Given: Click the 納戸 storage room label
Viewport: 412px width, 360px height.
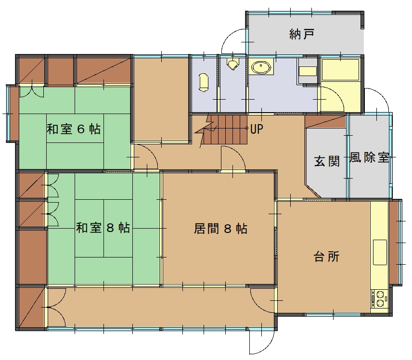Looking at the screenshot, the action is [x=302, y=34].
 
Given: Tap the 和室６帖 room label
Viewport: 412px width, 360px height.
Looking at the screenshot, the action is [x=74, y=129].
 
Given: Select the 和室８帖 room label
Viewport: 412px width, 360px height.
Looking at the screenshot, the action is [x=103, y=228].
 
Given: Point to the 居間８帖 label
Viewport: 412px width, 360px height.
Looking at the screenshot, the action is [x=220, y=229].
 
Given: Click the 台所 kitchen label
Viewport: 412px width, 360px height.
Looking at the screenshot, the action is [x=326, y=257].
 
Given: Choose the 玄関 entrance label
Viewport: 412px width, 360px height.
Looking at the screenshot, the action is [x=327, y=161].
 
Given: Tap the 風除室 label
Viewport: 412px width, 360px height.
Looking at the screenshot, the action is [x=369, y=157].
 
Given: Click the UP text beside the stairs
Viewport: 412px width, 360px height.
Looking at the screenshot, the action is [x=257, y=129].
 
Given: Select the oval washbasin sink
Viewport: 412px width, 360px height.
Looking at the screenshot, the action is [x=261, y=67].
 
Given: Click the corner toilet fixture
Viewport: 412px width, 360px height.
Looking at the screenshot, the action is [x=233, y=64].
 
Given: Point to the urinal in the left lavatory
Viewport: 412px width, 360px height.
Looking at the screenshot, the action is [x=204, y=82].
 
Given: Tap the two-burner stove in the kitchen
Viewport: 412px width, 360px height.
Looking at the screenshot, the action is [x=379, y=298].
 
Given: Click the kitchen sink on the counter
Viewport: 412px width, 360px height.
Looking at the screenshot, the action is [x=380, y=252].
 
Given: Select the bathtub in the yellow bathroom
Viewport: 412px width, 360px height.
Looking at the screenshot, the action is [x=341, y=70].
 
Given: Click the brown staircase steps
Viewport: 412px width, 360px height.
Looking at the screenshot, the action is [x=225, y=129].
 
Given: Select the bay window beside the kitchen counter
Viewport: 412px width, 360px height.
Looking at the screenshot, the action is [x=396, y=242].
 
